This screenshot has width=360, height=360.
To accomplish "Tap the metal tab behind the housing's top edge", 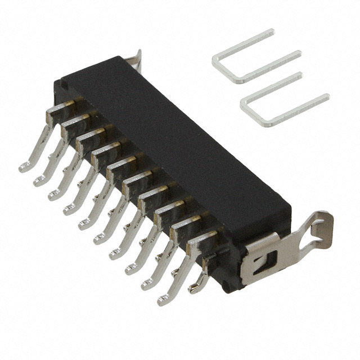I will click(x=135, y=59).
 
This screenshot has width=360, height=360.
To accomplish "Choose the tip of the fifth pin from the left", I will click(x=83, y=226).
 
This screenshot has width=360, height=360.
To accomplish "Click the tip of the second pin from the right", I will click(x=147, y=285).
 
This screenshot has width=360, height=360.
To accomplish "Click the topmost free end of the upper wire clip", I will click(x=271, y=31).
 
